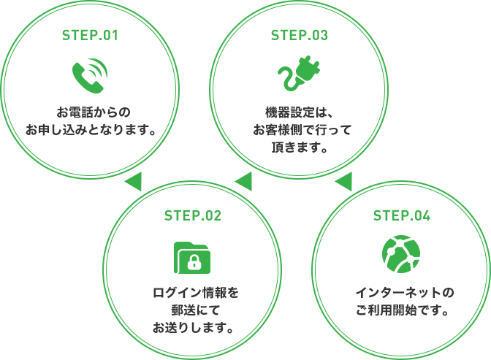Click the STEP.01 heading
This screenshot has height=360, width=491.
coord(91,35)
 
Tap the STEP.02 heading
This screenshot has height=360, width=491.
coord(193,215)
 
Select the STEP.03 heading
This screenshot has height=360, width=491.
coord(300,35)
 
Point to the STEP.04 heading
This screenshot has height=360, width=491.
coord(402,215)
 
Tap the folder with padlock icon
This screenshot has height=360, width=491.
coord(193,256)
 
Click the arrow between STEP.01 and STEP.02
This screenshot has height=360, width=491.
coord(133,180)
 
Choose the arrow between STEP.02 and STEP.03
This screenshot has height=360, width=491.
coord(243,180)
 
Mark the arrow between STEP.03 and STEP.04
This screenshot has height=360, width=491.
coord(344,180)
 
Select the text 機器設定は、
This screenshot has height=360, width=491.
coord(300,113)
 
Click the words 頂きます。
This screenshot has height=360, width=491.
coord(299,148)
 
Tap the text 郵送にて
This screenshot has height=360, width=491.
coord(193,310)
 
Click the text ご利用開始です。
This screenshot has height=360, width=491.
coord(403,310)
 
